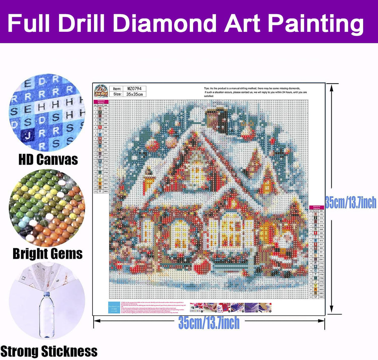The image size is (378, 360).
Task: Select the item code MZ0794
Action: [x=135, y=89]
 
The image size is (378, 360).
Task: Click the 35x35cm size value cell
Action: [x=135, y=94]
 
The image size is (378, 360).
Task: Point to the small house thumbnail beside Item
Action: [x=101, y=91]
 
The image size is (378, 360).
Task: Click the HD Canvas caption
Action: [x=48, y=159]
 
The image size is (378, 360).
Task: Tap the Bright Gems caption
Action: [x=48, y=254]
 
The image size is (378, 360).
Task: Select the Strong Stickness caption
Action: [x=49, y=351]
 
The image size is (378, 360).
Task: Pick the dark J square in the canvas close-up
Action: [x=28, y=135]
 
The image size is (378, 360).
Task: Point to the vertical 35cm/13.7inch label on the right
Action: [x=351, y=202]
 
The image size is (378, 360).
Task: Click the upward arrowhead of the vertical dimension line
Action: [x=332, y=87]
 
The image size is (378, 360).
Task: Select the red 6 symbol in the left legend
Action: [x=100, y=127]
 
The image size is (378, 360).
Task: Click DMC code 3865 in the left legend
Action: [x=106, y=191]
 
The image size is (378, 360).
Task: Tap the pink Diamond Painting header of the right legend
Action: [x=316, y=207]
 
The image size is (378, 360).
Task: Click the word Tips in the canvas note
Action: [x=206, y=89]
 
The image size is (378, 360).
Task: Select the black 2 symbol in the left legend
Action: [x=100, y=112]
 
